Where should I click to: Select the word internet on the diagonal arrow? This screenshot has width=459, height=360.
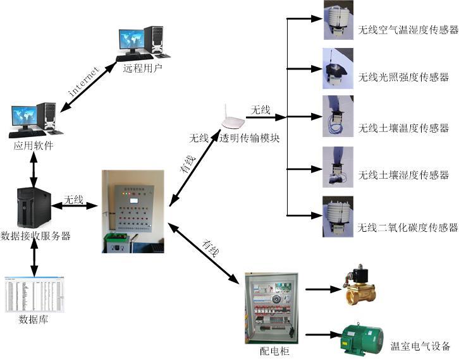coord(84,81)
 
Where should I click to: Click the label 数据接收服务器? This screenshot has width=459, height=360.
coord(35,236)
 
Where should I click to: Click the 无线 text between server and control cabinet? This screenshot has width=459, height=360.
coord(74,200)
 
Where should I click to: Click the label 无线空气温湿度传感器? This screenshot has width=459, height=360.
coord(408,29)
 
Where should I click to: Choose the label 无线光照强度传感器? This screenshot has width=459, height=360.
coord(403,78)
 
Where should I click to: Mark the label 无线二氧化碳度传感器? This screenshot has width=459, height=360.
coord(408,227)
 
